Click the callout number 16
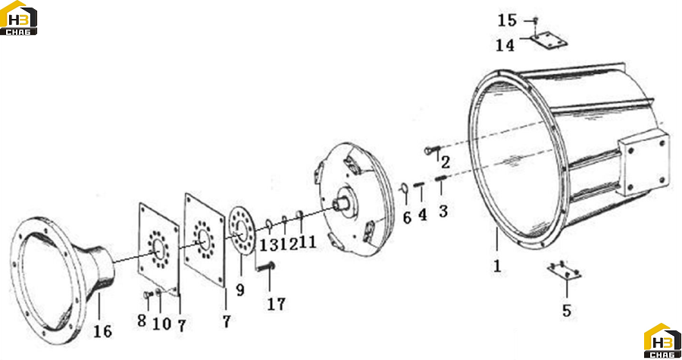102,332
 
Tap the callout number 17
276,304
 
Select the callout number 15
507,20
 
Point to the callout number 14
505,45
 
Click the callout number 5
566,311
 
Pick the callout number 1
497,266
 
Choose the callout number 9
240,290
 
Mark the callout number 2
446,163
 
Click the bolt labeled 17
266,266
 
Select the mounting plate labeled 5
564,271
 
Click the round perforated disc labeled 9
241,231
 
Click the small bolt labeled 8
148,295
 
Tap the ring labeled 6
404,188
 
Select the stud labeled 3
440,178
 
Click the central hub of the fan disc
345,203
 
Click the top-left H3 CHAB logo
18,18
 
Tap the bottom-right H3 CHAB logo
662,341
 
